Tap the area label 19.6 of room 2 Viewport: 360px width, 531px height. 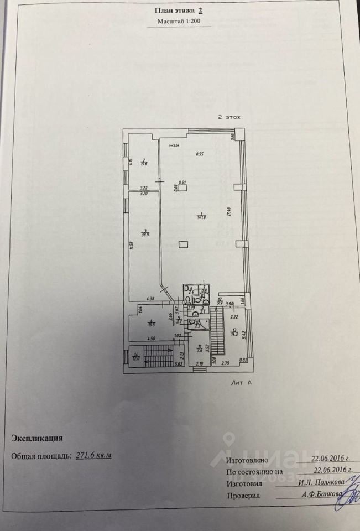(143, 163)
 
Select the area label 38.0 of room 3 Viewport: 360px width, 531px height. (144, 234)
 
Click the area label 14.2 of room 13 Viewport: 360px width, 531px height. (234, 334)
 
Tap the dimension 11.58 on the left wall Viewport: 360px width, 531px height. (132, 246)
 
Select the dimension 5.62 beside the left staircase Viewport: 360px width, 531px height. (179, 364)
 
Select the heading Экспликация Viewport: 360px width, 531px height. (37, 438)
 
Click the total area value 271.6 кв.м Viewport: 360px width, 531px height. (92, 455)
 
